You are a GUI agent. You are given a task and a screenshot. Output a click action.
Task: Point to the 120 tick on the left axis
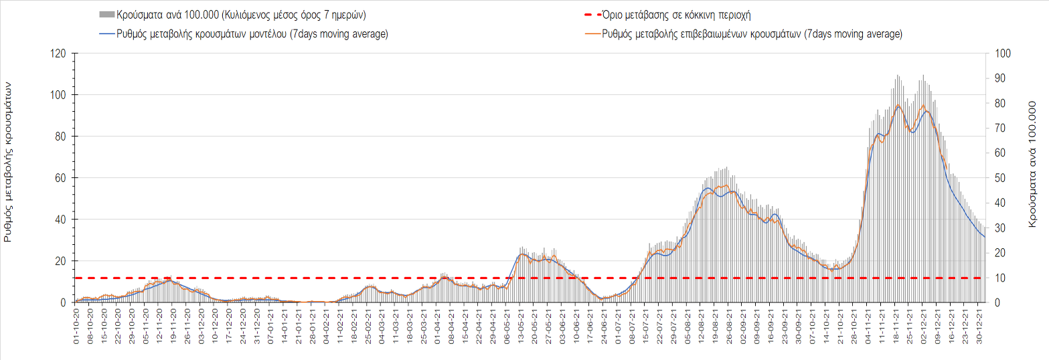click(59, 54)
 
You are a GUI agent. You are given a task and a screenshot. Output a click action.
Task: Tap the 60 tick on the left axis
click(62, 178)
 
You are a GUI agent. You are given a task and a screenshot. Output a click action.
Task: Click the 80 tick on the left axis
click(62, 137)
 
